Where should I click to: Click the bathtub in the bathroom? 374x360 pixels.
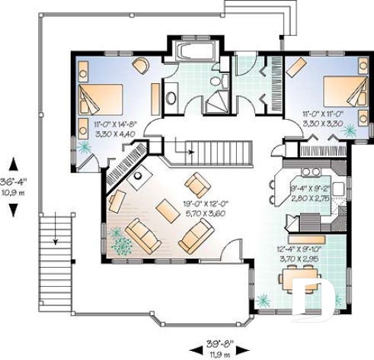click(193, 53)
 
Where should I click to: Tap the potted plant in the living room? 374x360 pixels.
click(120, 244)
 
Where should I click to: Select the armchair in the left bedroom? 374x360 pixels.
click(140, 66)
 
